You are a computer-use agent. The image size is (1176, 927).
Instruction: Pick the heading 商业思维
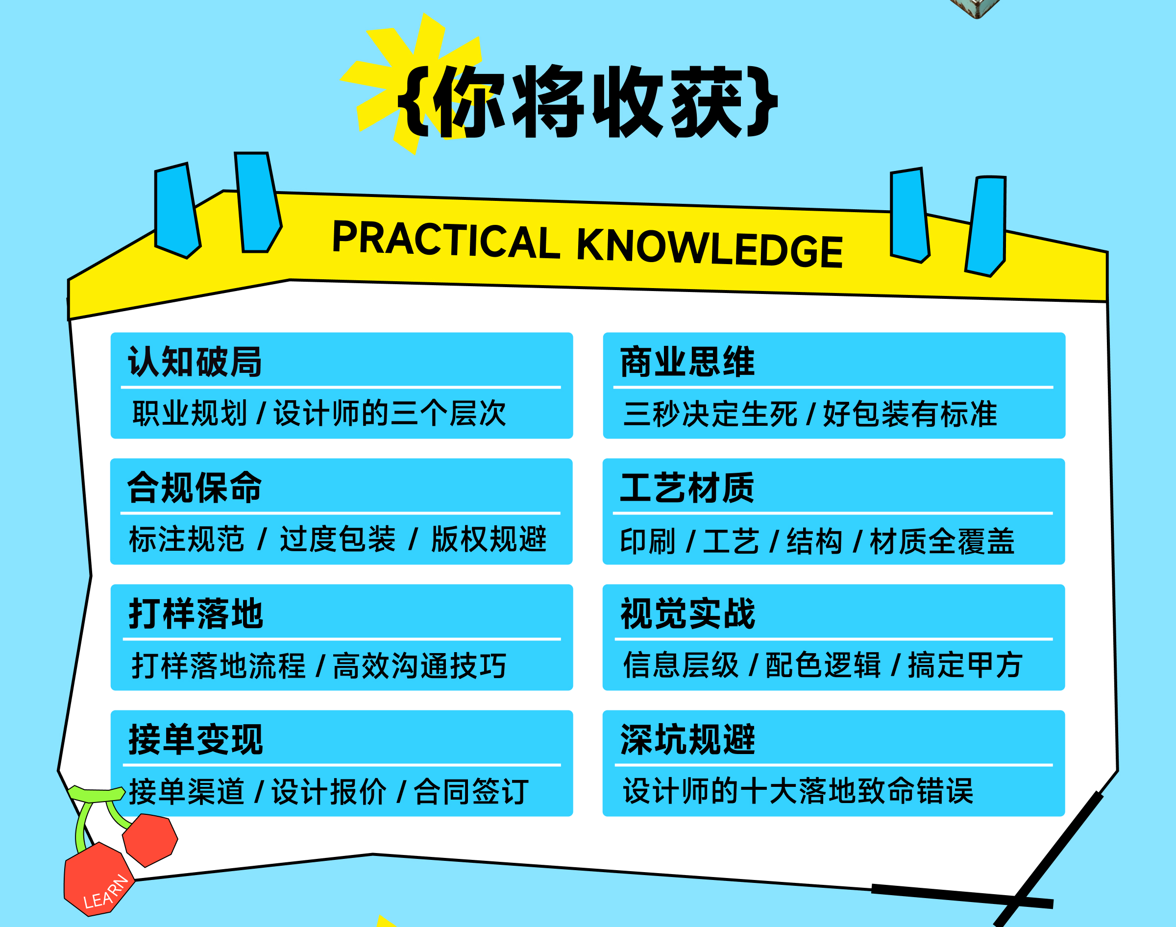687,362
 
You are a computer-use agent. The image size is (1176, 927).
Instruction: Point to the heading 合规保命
194,488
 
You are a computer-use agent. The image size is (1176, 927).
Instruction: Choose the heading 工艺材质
687,488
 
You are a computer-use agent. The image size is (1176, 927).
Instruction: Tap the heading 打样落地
196,613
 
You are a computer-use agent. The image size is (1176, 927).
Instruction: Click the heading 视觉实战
687,613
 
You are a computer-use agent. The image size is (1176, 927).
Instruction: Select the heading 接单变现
196,739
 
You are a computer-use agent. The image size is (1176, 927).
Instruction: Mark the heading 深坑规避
687,739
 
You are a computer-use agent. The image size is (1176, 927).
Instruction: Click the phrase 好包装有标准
910,414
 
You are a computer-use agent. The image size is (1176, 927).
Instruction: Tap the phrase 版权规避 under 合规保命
489,539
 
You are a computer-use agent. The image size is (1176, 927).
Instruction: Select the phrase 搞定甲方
965,665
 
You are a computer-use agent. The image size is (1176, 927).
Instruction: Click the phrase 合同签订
471,791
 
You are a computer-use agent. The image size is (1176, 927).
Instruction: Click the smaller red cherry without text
150,840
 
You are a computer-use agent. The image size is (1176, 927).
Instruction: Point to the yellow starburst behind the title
413,81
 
